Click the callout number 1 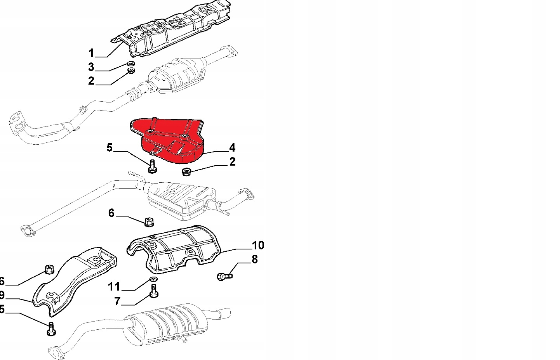91,53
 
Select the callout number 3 91,67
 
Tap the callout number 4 232,147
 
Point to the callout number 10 258,245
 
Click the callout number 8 254,259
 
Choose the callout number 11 114,287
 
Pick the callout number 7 118,301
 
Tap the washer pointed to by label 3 131,64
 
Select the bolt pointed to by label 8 224,276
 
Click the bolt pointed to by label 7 154,291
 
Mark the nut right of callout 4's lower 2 187,171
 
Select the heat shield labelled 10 175,248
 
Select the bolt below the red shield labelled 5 152,167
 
